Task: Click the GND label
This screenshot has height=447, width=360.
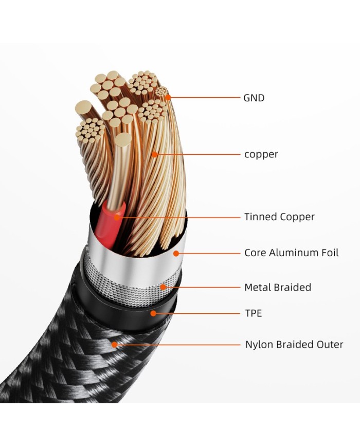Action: point(254,97)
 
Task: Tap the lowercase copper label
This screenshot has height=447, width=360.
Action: point(261,154)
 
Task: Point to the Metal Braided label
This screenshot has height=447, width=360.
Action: point(278,287)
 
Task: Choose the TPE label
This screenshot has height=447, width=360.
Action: point(253,313)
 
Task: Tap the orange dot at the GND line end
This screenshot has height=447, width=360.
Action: point(168,97)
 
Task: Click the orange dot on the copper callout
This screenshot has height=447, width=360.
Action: point(154,154)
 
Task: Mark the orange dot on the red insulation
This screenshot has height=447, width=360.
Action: point(117,217)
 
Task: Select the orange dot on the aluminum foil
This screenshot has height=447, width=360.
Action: point(176,253)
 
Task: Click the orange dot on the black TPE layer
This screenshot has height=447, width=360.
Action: point(153,313)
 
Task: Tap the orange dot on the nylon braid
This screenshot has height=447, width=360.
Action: point(115,345)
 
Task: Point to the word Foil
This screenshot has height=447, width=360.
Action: point(329,253)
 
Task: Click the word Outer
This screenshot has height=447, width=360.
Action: point(329,345)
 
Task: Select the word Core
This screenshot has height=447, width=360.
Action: point(255,253)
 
